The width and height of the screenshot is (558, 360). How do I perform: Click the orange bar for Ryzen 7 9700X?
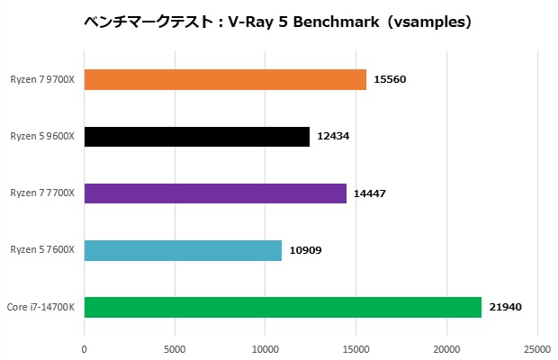225,79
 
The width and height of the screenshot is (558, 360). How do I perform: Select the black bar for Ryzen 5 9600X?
196,136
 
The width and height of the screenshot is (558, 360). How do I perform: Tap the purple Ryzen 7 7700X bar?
215,193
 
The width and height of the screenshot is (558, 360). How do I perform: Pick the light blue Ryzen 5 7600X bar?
183,250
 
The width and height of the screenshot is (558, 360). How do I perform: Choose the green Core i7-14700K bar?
283,307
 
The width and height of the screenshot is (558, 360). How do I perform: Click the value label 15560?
391,79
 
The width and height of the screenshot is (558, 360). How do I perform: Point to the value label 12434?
334,136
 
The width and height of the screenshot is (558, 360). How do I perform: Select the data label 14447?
371,193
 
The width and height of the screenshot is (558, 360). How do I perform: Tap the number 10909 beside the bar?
306,250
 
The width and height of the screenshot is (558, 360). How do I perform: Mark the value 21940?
506,308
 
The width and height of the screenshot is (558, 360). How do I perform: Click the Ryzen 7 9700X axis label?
42,79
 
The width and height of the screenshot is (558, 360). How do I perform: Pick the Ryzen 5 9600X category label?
42,136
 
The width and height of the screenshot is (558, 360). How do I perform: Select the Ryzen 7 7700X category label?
42,193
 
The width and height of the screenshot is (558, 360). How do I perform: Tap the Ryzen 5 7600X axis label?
42,250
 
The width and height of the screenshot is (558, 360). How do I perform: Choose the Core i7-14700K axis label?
40,307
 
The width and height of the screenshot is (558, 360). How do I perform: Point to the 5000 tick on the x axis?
175,347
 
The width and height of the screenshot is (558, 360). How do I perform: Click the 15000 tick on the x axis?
356,347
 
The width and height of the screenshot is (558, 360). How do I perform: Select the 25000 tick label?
537,347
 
